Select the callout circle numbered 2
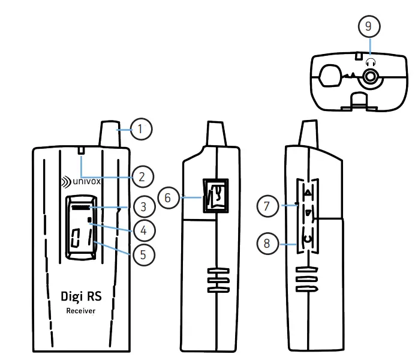click(x=142, y=177)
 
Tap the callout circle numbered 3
click(x=143, y=207)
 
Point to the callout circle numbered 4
click(x=143, y=230)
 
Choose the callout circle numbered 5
click(x=143, y=254)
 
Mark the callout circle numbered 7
click(x=267, y=206)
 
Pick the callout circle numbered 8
click(x=267, y=244)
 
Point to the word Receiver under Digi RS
click(x=80, y=311)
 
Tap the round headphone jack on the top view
click(x=371, y=76)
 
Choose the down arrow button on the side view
click(x=308, y=213)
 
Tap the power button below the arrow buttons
click(x=308, y=240)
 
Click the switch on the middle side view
click(x=215, y=196)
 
